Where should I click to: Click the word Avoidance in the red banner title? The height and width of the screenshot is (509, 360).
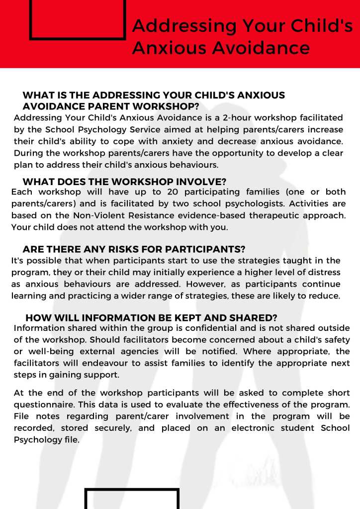pos(262,48)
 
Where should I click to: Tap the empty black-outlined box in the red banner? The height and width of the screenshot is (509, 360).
pos(78,19)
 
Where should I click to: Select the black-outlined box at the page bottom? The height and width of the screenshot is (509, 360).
pos(132,499)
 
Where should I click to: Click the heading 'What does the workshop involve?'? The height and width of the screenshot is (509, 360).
pos(124,182)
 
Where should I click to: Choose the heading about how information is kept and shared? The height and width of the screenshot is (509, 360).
pos(151,318)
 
